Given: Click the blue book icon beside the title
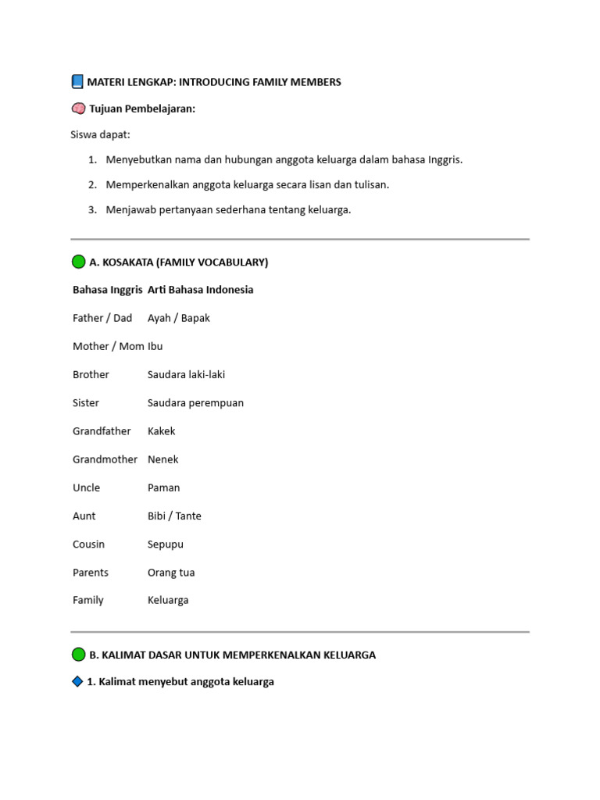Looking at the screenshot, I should (77, 81).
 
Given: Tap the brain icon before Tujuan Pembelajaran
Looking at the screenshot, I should (78, 109).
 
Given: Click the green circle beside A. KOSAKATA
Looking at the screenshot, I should (79, 262).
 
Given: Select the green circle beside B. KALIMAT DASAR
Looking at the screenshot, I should (79, 655).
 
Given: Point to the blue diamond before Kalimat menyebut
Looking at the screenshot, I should (77, 681).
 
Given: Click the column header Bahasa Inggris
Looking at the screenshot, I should (108, 290).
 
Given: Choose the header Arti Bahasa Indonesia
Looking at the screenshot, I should (201, 290).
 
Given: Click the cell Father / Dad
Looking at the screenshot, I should (102, 318).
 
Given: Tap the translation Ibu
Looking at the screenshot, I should (155, 346).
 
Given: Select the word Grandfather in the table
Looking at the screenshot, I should (102, 431).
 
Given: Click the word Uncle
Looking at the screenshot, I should (87, 487).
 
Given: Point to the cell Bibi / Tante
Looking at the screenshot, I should (174, 516).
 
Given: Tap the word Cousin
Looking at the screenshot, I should (89, 544).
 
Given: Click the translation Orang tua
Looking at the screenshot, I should (171, 573).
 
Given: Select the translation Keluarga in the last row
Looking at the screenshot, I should (168, 600).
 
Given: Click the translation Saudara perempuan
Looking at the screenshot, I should (195, 403).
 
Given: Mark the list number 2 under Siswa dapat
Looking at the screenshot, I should (92, 184).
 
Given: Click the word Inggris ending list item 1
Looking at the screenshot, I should (443, 159).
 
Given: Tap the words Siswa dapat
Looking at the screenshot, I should (102, 135).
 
